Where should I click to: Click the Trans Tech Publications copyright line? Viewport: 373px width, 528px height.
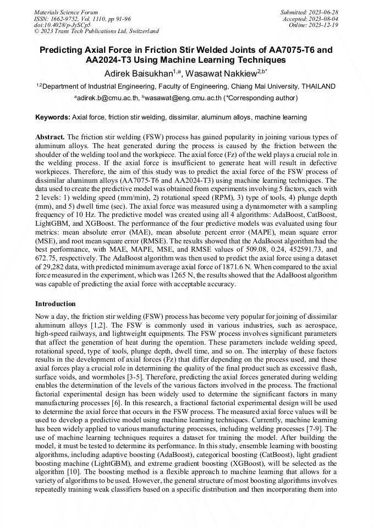click(96, 31)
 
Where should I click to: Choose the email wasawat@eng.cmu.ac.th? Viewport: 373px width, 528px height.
click(183, 97)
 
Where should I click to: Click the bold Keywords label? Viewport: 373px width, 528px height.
click(53, 117)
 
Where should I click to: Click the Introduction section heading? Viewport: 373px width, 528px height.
click(56, 303)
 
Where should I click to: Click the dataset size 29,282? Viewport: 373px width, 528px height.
click(58, 266)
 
